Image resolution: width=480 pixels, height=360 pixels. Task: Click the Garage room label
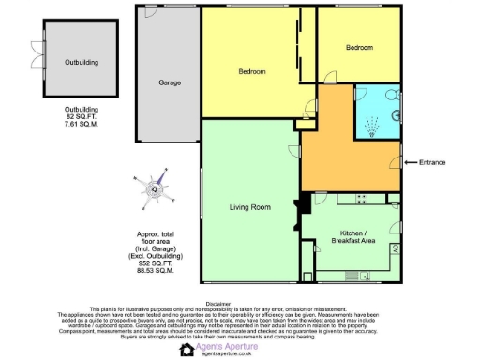[x=170, y=82]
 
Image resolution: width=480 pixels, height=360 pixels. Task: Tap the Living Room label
[x=250, y=207]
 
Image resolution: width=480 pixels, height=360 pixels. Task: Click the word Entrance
[x=433, y=162]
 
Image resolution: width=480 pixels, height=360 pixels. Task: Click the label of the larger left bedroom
[x=251, y=72]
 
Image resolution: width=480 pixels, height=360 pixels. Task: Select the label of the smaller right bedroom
[x=359, y=47]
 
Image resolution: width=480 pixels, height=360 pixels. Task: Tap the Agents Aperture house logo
[x=187, y=350]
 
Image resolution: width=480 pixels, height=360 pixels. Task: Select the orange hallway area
[x=347, y=155]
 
